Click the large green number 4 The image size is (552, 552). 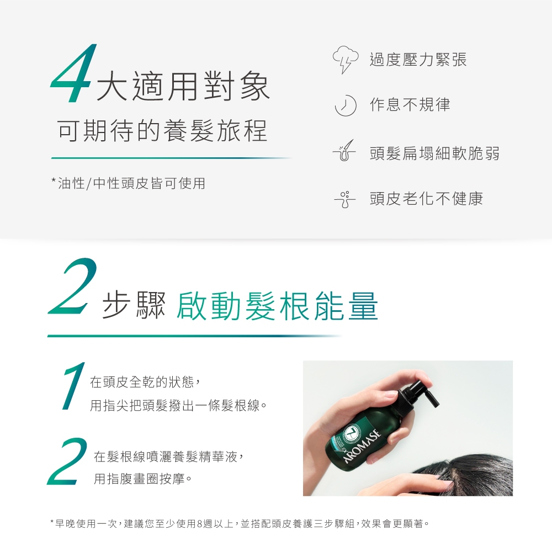[73, 73]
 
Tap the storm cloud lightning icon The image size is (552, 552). [346, 59]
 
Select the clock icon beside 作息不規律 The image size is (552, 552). [346, 105]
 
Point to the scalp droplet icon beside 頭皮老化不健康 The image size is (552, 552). [345, 199]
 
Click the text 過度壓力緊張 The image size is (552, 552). [418, 59]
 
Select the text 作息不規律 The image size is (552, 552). [410, 104]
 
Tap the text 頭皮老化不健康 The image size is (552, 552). [426, 199]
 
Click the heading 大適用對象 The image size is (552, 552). [183, 86]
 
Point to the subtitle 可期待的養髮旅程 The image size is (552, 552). [162, 131]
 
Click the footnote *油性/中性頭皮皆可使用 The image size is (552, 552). [128, 183]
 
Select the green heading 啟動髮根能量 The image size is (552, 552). [277, 306]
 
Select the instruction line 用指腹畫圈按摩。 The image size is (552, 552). [143, 479]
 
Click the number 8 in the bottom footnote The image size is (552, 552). [200, 524]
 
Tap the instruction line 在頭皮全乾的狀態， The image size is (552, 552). [145, 381]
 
